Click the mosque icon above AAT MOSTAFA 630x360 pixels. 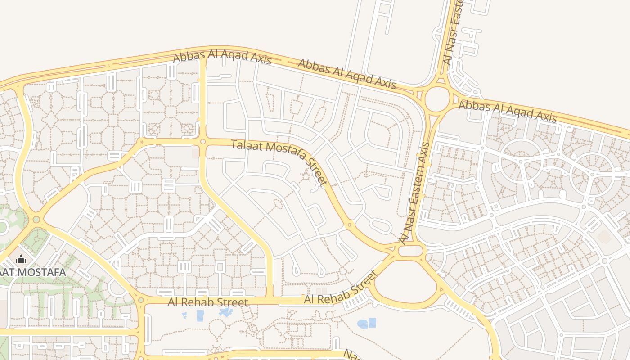coord(21,260)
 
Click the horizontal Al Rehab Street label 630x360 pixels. coord(207,302)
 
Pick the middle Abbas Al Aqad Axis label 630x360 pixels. coord(347,74)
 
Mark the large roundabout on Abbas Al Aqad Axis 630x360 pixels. coord(437,99)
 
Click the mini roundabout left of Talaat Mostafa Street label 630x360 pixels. coord(203,142)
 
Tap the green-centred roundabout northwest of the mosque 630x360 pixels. coord(36,220)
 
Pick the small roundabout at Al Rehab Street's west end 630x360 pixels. coord(141,300)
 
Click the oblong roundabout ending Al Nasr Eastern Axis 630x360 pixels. coord(410,251)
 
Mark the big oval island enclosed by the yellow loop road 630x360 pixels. coord(406,279)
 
